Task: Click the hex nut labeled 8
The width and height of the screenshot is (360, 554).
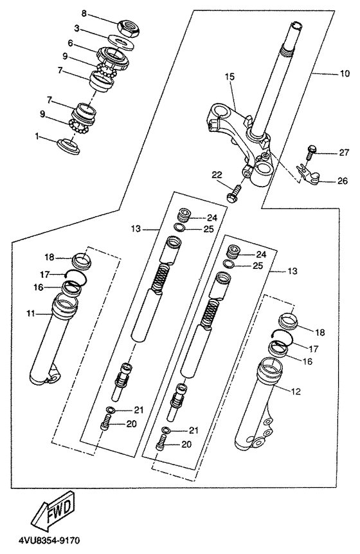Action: click(x=128, y=26)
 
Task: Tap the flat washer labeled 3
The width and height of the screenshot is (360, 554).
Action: click(x=122, y=41)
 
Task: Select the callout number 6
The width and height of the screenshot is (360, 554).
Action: click(x=70, y=43)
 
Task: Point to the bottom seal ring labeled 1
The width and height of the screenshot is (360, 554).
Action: click(x=69, y=145)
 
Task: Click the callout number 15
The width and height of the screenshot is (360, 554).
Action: click(x=230, y=77)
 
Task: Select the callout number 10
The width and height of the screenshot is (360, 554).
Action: click(x=345, y=73)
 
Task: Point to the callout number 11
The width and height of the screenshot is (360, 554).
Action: click(x=31, y=313)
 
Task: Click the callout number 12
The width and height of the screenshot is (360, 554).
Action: click(x=296, y=391)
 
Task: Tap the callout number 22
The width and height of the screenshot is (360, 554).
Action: click(x=217, y=174)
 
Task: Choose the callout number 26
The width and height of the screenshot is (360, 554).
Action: click(x=343, y=181)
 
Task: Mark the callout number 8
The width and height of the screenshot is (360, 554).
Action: click(x=84, y=14)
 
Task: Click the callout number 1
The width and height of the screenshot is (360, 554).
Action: click(x=37, y=135)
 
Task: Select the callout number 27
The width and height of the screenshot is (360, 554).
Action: click(x=344, y=152)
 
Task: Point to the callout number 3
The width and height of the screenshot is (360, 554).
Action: click(x=76, y=28)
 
